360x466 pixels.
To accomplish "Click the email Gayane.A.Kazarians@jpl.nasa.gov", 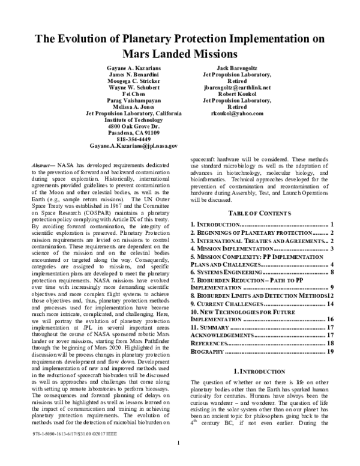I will coord(133,146).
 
